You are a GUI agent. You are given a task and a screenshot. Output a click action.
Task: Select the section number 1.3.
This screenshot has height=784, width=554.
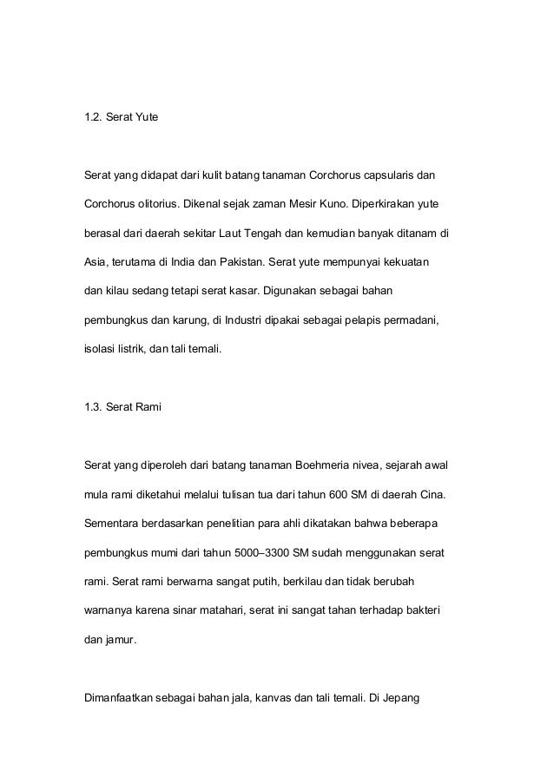click(x=91, y=408)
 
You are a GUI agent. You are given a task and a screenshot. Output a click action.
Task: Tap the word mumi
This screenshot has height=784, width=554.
click(x=162, y=554)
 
